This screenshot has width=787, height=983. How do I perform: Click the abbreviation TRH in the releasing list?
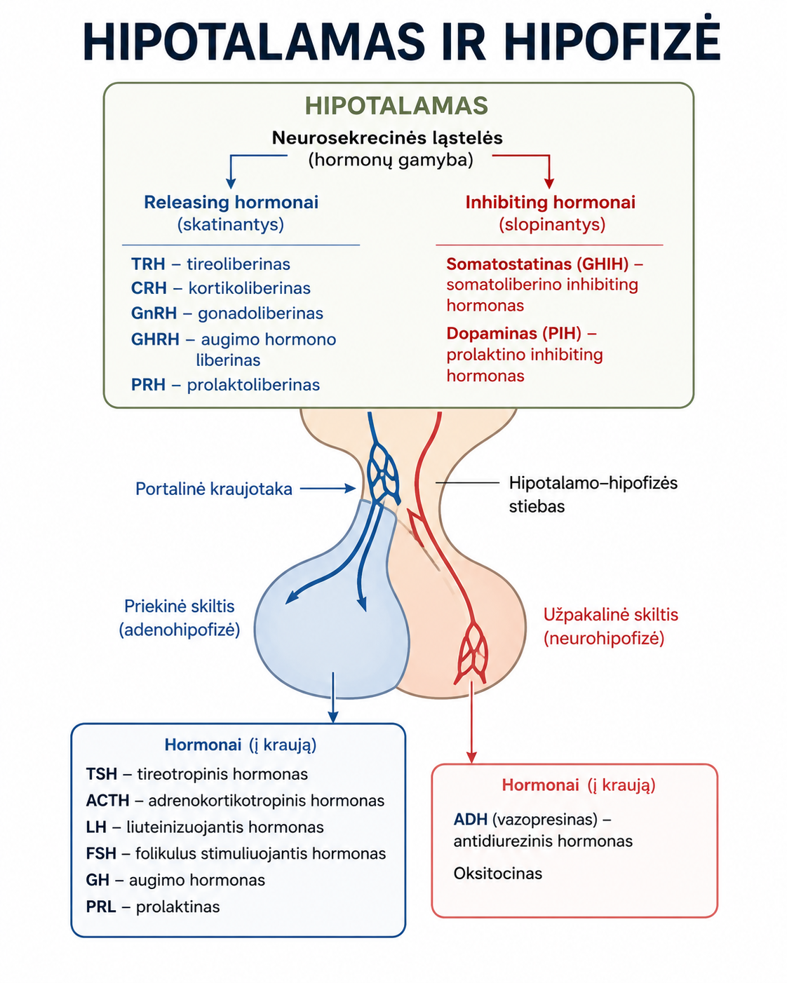pyautogui.click(x=148, y=264)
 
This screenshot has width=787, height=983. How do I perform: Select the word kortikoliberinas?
pyautogui.click(x=250, y=288)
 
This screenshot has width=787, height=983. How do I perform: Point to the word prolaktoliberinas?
pyautogui.click(x=253, y=385)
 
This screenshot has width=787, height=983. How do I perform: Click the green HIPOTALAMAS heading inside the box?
pyautogui.click(x=397, y=105)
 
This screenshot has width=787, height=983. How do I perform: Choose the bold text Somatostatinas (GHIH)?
pyautogui.click(x=537, y=264)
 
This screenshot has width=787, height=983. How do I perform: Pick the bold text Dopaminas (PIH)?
pyautogui.click(x=513, y=334)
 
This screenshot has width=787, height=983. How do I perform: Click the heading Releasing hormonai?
pyautogui.click(x=231, y=203)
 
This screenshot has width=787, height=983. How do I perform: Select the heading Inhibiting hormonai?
pyautogui.click(x=550, y=203)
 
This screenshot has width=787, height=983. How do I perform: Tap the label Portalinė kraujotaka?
pyautogui.click(x=214, y=489)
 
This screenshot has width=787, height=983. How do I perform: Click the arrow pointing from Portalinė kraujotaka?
pyautogui.click(x=328, y=489)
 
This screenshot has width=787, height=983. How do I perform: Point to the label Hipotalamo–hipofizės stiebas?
pyautogui.click(x=593, y=494)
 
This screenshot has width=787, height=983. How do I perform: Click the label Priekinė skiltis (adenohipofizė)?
pyautogui.click(x=180, y=618)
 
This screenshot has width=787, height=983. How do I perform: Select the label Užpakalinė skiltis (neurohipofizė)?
pyautogui.click(x=610, y=626)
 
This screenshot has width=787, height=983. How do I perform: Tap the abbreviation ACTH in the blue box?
pyautogui.click(x=108, y=800)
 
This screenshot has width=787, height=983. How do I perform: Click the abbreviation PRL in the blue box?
pyautogui.click(x=101, y=907)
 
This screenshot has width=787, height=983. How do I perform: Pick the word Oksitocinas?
pyautogui.click(x=498, y=874)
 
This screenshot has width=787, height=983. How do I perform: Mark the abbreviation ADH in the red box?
pyautogui.click(x=470, y=819)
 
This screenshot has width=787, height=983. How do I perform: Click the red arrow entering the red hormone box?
pyautogui.click(x=471, y=721)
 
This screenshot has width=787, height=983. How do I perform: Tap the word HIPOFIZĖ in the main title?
pyautogui.click(x=612, y=40)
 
